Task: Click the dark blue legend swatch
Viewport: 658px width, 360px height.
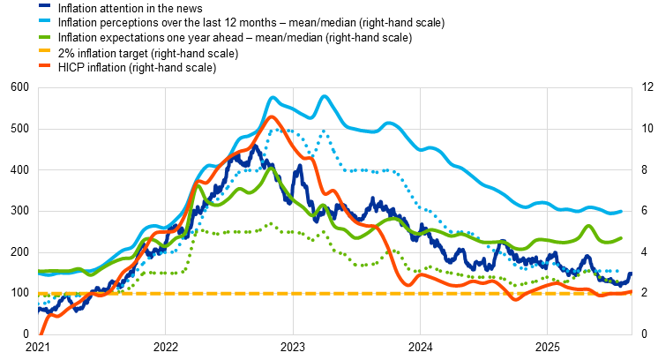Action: click(x=44, y=5)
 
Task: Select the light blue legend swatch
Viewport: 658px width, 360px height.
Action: click(x=44, y=20)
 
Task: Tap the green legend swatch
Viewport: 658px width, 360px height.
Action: click(x=44, y=36)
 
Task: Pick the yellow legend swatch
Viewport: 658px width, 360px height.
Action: click(x=44, y=50)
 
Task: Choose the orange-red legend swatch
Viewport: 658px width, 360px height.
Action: click(x=44, y=65)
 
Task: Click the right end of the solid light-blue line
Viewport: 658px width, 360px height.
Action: click(x=621, y=211)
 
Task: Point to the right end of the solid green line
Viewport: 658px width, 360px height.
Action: click(x=621, y=237)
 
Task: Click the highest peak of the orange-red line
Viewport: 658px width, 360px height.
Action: click(x=272, y=116)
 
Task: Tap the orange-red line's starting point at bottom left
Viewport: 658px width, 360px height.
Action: click(x=40, y=334)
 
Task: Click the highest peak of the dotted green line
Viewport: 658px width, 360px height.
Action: click(x=271, y=223)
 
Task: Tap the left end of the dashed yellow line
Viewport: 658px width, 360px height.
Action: click(x=40, y=293)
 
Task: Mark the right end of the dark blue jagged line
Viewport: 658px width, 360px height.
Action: click(x=630, y=274)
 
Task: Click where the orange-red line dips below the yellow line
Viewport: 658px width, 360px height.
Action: click(x=517, y=299)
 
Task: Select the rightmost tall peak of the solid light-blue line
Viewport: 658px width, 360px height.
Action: click(x=325, y=96)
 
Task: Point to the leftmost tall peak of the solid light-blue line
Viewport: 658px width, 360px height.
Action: click(x=273, y=98)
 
